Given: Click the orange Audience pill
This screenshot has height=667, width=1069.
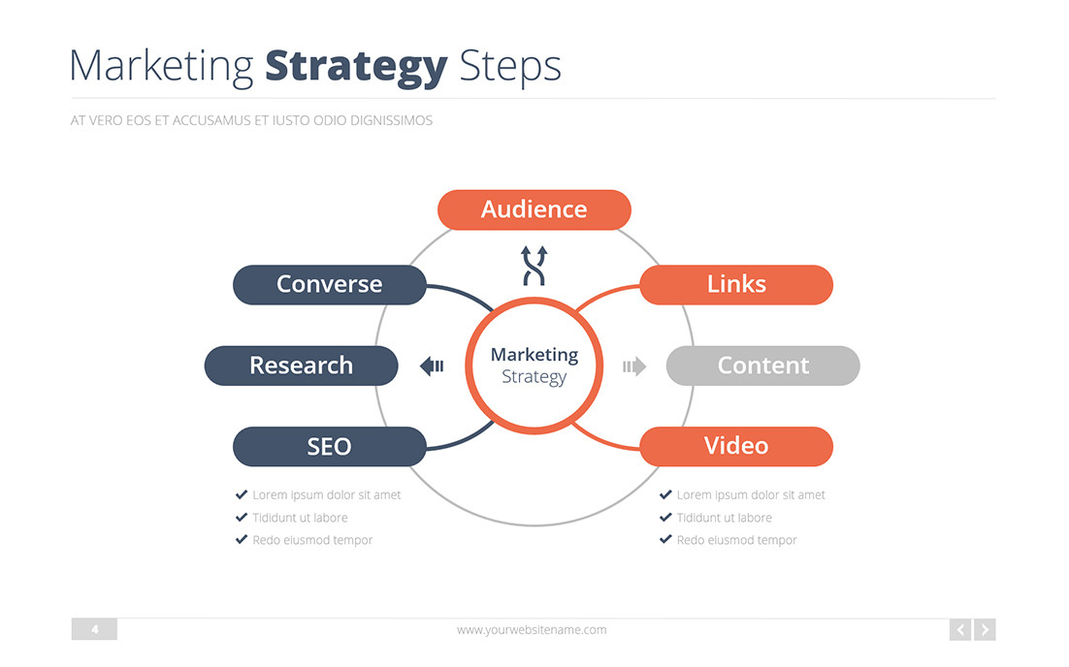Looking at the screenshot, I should [534, 209].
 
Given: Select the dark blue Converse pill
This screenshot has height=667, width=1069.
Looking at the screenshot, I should [330, 284].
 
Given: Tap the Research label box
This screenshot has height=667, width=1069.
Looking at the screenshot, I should [301, 365].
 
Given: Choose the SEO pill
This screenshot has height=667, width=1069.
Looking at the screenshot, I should [330, 446].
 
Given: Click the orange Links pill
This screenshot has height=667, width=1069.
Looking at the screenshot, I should [736, 284].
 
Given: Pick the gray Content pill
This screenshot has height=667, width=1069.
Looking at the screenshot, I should [762, 365].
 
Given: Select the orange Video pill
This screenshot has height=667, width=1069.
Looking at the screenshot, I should [736, 446].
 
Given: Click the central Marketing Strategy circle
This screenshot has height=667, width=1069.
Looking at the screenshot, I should [534, 365].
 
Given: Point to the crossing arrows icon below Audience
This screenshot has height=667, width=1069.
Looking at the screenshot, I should [534, 266].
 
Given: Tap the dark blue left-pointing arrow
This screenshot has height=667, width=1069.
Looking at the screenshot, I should [432, 365].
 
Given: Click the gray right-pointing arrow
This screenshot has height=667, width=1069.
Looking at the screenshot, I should [634, 365].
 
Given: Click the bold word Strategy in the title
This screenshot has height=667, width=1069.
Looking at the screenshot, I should [356, 66].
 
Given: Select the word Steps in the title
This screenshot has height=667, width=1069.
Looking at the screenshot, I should [510, 66].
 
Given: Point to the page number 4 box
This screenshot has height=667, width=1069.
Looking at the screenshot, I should [94, 630].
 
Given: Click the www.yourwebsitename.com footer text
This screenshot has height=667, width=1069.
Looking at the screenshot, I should [532, 630].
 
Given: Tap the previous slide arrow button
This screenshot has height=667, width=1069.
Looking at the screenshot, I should [960, 630].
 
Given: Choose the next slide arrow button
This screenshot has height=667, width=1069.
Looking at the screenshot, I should [985, 630].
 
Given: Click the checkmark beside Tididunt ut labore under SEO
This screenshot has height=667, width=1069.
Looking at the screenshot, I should [242, 518].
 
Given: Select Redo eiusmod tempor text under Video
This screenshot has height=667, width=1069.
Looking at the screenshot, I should [736, 540].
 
